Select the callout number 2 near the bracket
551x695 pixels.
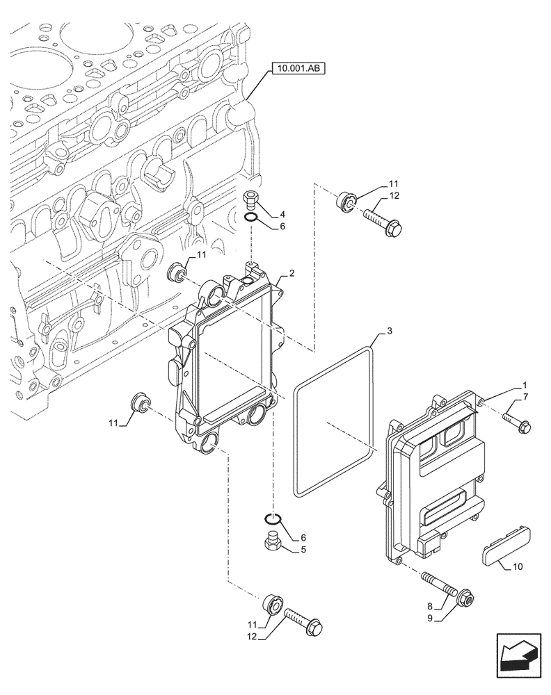tap(292, 274)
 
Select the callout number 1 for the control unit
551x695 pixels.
tap(524, 385)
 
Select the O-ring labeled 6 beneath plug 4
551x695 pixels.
tap(254, 220)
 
